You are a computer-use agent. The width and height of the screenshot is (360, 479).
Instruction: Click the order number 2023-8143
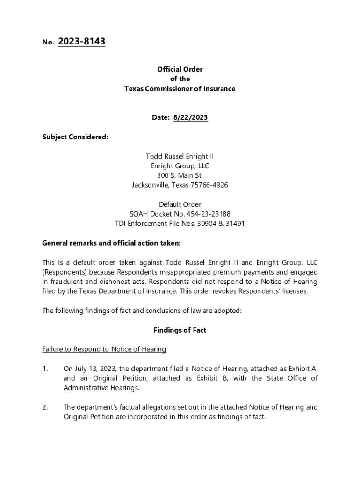click(x=82, y=42)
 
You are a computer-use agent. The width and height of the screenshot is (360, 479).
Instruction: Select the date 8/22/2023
click(x=190, y=118)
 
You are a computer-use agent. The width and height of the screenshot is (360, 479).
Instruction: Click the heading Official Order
click(x=180, y=69)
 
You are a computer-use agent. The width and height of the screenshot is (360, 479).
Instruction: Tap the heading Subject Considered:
click(x=75, y=137)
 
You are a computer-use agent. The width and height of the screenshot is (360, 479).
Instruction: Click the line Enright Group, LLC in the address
click(x=180, y=166)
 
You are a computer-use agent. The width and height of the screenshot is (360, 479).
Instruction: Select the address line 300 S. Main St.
click(x=180, y=176)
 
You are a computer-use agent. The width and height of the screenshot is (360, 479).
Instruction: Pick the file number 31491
click(x=235, y=224)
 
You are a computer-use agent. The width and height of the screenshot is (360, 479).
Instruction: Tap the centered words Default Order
click(x=180, y=204)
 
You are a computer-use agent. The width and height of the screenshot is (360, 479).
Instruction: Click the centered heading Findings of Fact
click(x=180, y=330)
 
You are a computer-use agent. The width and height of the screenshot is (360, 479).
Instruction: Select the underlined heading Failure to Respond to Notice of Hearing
click(x=104, y=349)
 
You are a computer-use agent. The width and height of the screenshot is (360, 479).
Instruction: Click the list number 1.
click(x=45, y=369)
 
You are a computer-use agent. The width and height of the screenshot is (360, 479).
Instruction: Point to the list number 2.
click(x=45, y=407)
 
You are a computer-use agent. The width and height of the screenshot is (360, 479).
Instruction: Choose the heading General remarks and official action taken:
click(x=111, y=243)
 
